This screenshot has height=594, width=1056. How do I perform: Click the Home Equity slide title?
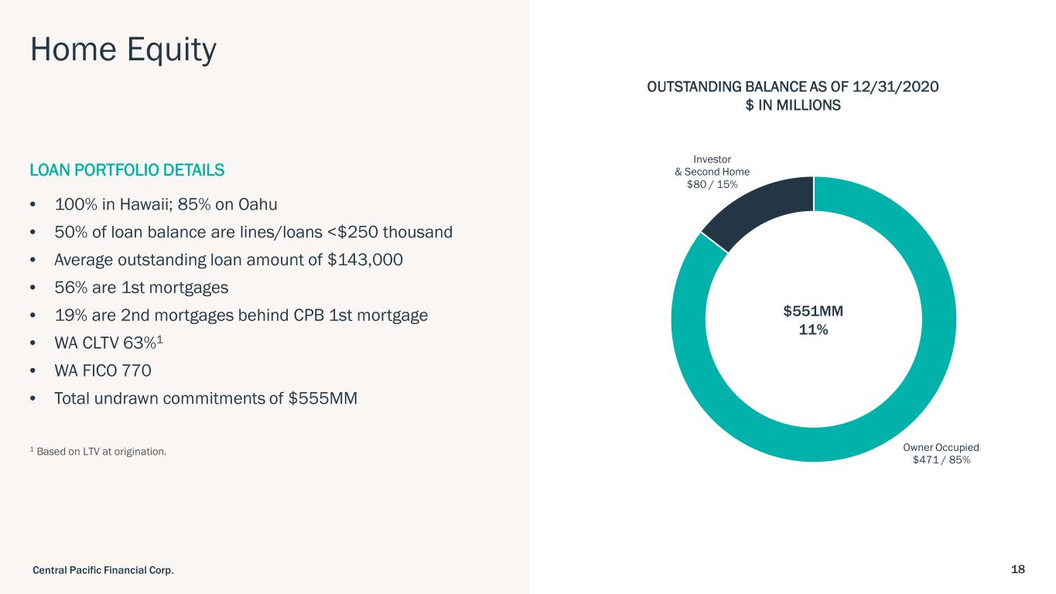coord(123,51)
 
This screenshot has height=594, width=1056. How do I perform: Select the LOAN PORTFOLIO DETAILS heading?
coord(127,169)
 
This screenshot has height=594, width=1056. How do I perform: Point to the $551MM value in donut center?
coord(813,311)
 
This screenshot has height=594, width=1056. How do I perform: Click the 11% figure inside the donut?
coord(813,329)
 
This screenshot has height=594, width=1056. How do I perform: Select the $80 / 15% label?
coord(712,184)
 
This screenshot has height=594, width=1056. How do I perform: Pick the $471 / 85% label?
coord(941,459)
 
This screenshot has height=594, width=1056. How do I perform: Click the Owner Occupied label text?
coord(941,447)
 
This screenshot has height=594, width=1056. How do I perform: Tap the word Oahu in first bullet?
coord(258,205)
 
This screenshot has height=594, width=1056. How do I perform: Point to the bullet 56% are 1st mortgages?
coord(141,288)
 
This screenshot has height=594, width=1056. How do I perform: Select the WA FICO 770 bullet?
coord(102,371)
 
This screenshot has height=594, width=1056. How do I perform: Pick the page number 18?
coord(1017,569)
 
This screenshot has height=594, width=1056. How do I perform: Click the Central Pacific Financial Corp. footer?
coord(103,570)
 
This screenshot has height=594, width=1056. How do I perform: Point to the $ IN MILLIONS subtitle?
coord(792,105)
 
